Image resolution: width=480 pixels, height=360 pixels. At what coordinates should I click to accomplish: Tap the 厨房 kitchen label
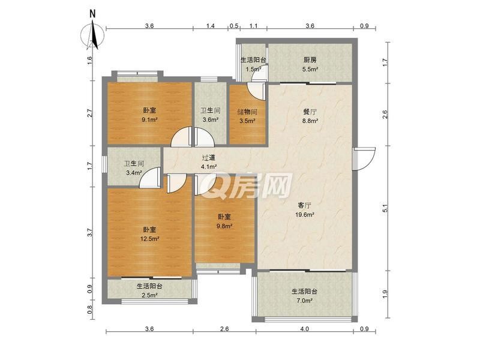point(310,59)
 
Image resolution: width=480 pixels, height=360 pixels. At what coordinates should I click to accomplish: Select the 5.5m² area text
point(310,69)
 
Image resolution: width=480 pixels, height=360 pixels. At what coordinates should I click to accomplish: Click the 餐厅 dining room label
point(310,112)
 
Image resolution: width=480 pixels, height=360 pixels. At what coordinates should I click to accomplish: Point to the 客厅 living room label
point(305,205)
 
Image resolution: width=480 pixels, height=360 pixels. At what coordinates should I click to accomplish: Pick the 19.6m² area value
point(305,215)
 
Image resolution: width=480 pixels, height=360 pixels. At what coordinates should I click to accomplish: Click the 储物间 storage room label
point(247,112)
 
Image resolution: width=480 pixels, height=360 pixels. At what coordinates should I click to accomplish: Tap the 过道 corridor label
point(209,158)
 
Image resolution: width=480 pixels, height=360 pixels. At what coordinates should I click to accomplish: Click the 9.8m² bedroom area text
point(224,226)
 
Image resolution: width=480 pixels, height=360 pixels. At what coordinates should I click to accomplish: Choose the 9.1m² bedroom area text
point(149,120)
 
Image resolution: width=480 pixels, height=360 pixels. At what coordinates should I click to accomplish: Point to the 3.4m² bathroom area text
point(134,173)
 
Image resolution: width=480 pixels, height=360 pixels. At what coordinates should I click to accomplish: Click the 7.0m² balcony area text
point(304,301)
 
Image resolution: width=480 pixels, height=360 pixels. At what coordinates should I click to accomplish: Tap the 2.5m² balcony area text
point(149,295)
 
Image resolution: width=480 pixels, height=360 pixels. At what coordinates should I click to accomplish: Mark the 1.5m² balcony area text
point(253,69)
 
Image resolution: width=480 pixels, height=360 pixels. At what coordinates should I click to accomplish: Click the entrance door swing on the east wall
point(364,158)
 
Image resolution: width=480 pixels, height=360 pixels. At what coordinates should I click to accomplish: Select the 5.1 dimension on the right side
point(385,208)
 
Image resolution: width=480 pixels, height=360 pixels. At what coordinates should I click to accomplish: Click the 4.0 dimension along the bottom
point(304,329)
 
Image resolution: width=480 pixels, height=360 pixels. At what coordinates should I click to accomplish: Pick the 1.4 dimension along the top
point(211,26)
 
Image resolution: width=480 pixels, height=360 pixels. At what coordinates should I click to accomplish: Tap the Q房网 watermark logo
point(248,185)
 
